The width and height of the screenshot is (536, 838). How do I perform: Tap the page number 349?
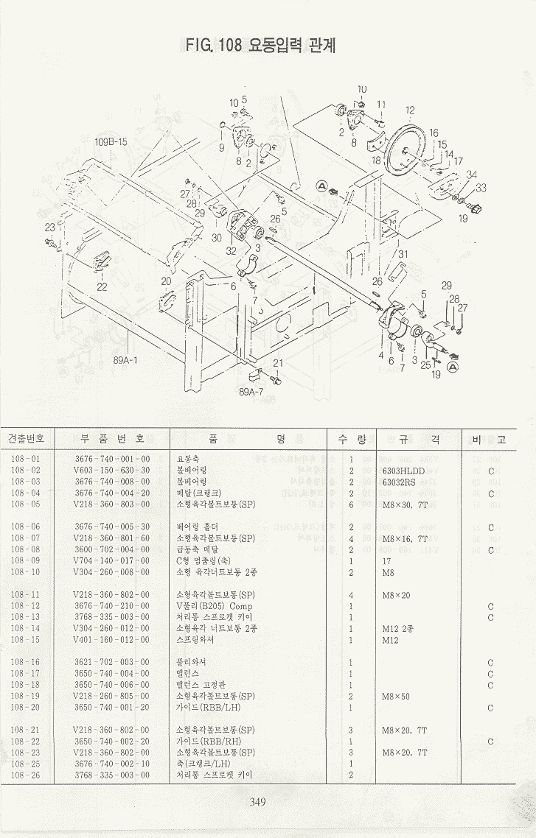click(257, 802)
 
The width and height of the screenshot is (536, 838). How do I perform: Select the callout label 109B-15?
click(111, 141)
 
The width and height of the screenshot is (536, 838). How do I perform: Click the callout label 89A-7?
click(251, 392)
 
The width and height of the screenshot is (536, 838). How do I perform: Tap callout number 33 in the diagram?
click(481, 189)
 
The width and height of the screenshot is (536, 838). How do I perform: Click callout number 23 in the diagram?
click(49, 228)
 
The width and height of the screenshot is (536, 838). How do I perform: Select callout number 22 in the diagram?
click(102, 286)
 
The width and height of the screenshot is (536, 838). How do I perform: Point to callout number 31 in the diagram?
click(403, 254)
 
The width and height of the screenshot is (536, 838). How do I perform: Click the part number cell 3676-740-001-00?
click(111, 459)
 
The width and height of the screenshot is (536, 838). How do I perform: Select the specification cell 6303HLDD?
click(403, 471)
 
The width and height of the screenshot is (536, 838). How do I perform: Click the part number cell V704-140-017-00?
click(111, 560)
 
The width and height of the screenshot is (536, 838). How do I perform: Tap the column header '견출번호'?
click(26, 439)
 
